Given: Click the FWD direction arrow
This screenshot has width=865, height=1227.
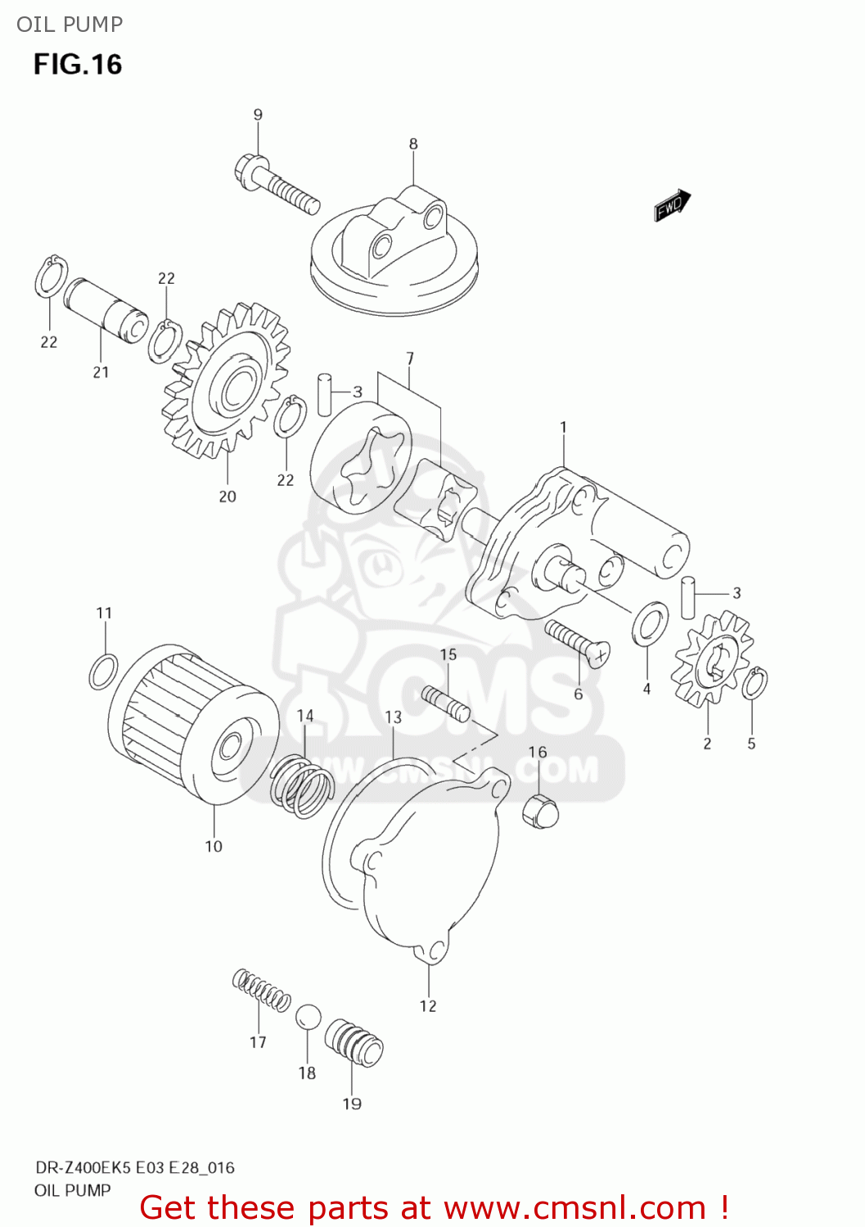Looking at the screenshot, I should (x=672, y=205).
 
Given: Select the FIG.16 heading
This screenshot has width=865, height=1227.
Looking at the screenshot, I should (x=78, y=65).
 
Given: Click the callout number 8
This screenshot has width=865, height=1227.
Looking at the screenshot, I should (x=413, y=144).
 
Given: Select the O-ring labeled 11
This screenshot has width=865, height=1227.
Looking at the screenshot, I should (x=103, y=672).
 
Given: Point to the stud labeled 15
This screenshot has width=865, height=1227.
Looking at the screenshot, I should (x=446, y=704).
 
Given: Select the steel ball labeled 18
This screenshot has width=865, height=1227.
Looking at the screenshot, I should (x=308, y=1018).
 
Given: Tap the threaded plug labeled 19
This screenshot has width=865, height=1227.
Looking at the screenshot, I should (x=354, y=1043).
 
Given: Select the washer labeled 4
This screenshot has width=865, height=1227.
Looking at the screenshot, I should (x=650, y=623).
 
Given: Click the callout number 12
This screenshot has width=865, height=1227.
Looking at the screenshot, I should (x=428, y=1006).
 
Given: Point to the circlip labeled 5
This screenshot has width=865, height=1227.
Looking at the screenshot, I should (x=755, y=684).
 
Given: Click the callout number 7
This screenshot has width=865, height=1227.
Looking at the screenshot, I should (x=410, y=358).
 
